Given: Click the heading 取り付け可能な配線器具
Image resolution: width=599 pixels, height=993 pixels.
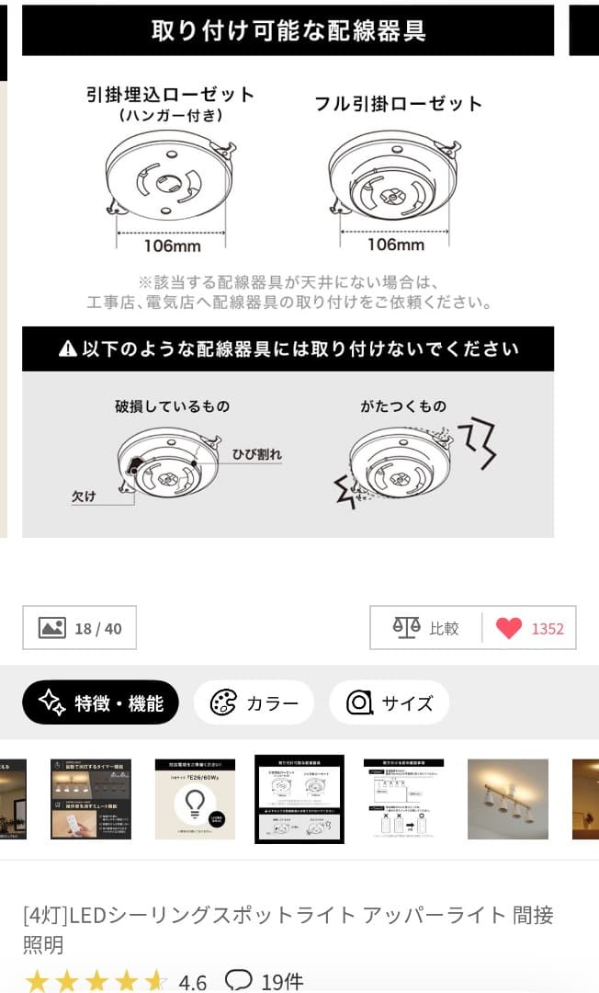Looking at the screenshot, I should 288,30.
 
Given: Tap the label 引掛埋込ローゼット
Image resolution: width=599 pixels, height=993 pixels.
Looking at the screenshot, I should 170,95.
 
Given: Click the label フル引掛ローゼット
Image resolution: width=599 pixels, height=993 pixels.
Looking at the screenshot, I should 398,103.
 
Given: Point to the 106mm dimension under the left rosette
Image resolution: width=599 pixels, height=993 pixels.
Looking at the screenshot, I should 172,245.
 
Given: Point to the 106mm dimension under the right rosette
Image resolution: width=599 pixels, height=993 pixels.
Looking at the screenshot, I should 396,245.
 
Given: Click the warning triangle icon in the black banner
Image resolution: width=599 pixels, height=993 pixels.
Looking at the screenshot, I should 68,349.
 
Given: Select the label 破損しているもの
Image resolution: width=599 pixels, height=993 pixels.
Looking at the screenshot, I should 172,405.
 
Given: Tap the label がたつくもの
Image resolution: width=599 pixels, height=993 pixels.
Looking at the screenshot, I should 403,405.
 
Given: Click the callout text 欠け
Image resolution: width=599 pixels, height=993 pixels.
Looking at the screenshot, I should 84,496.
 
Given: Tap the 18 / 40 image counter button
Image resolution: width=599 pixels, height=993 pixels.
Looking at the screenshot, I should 79,628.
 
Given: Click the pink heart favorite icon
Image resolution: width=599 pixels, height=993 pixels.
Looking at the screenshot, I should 508,628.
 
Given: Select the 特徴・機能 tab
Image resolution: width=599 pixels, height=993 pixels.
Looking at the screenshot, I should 100,703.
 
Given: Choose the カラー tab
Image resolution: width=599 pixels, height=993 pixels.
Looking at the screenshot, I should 254,703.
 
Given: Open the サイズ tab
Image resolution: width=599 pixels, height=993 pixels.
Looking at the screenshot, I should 389,703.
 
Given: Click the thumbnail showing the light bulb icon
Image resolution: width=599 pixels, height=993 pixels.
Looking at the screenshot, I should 195,798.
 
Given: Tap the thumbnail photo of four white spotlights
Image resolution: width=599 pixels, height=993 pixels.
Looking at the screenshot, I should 507,798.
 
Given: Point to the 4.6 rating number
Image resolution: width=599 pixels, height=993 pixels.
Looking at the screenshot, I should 192,982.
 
